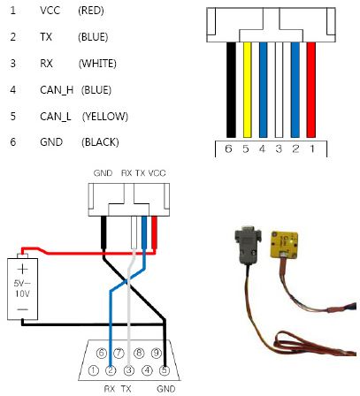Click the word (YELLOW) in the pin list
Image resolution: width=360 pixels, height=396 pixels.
(105, 117)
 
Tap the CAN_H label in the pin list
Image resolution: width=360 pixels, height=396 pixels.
(57, 90)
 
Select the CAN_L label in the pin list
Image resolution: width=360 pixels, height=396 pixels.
(56, 117)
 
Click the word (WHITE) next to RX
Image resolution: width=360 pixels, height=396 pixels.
(97, 64)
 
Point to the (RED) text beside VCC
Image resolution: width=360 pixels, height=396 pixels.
(91, 11)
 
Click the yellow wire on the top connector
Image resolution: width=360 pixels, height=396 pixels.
(247, 90)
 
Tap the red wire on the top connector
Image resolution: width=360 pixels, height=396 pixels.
(311, 90)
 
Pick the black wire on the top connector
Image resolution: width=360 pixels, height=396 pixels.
(231, 90)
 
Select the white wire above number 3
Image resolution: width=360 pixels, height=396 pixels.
(279, 90)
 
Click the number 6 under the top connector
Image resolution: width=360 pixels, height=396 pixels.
(228, 148)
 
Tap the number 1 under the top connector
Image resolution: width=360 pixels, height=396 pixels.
(312, 148)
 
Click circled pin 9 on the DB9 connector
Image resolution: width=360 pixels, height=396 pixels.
(157, 353)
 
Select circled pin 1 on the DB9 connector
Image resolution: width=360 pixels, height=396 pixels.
(94, 370)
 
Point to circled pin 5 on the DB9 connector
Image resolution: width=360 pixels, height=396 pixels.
(165, 370)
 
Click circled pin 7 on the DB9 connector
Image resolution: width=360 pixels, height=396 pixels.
(119, 353)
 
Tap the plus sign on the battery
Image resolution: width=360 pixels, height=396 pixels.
(22, 270)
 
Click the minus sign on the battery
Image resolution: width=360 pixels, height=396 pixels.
(22, 309)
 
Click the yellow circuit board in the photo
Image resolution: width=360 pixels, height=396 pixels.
(284, 245)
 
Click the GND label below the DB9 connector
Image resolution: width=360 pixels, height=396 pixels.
(166, 389)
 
